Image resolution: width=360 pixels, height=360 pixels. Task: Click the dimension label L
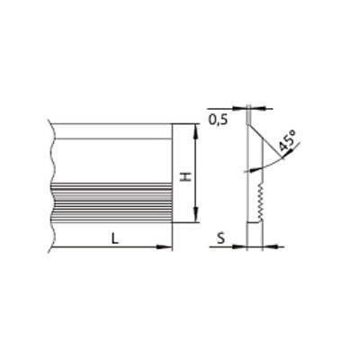pos(115,238)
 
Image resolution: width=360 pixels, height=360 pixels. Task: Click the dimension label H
pos(186,176)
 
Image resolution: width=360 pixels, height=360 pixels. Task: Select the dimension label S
pos(220,238)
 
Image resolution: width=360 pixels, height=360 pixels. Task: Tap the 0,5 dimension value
pos(218,120)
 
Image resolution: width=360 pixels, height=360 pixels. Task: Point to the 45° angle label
pos(288,140)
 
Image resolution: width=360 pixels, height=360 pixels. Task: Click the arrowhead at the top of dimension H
pos(195,130)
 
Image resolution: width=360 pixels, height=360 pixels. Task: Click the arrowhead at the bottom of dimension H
pos(195,216)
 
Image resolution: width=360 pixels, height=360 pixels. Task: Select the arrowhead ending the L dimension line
pos(165,247)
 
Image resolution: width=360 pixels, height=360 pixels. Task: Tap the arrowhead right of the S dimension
pos(270,247)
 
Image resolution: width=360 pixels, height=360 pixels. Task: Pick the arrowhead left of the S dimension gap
pos(239,247)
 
